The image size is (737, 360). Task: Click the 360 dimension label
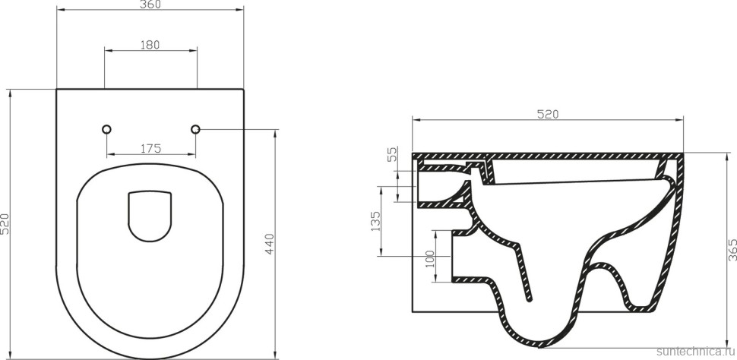150,5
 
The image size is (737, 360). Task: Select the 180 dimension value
150,45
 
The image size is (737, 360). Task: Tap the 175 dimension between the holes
150,149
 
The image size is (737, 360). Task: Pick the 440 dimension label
269,243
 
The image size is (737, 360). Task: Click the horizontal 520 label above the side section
547,115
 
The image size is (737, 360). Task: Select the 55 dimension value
392,155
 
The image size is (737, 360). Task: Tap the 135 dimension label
375,222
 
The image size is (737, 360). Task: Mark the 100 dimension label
429,258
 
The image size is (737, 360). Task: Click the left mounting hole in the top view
106,129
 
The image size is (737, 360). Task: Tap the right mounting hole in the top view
195,129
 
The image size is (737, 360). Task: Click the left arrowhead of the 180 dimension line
107,51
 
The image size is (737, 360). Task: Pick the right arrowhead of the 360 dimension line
241,11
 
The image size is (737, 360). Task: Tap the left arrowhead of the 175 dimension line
109,154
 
